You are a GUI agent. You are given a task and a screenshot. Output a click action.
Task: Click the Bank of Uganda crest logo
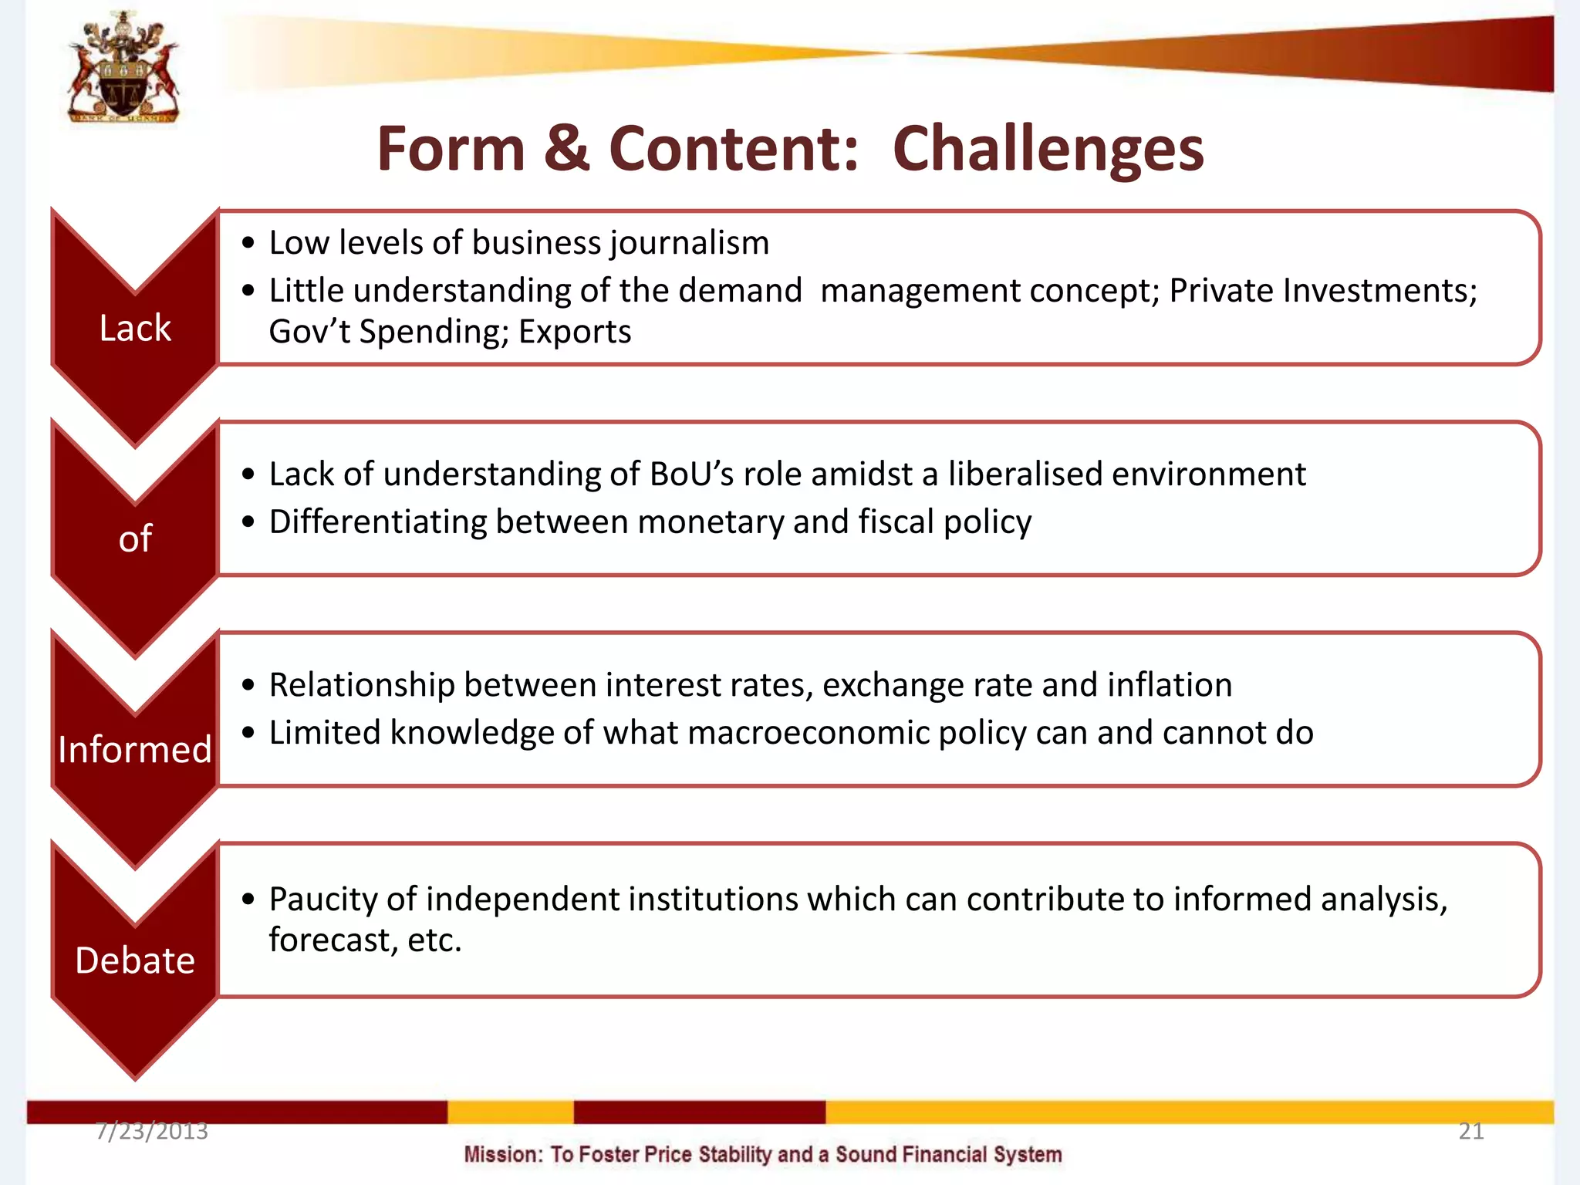tap(123, 68)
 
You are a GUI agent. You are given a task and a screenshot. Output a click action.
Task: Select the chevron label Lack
tap(135, 328)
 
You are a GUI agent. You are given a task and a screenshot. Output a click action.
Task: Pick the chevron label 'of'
tap(135, 538)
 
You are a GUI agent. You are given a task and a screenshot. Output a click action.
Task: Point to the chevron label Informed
tap(135, 749)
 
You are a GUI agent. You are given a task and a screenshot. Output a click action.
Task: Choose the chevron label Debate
tap(135, 960)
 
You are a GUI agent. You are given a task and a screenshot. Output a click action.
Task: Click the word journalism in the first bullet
tap(690, 243)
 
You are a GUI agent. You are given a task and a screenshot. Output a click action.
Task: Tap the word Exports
tap(575, 332)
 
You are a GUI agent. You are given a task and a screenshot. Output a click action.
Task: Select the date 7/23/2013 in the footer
tap(152, 1131)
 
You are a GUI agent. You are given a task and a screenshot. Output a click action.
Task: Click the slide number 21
tap(1470, 1131)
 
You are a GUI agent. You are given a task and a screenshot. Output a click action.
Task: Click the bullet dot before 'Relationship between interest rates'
tap(248, 685)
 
